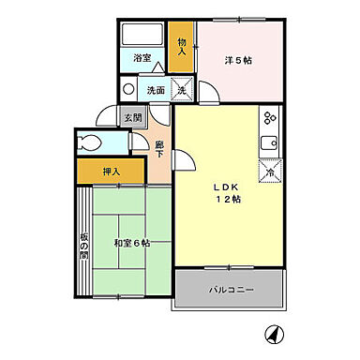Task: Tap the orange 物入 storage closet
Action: click(183, 47)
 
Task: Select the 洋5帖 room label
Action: click(238, 61)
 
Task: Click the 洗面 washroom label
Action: click(157, 91)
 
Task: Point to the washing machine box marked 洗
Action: click(184, 89)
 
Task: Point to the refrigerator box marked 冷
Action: click(269, 172)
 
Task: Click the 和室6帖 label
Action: click(131, 244)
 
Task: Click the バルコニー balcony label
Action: click(231, 292)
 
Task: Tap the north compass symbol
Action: click(274, 333)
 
